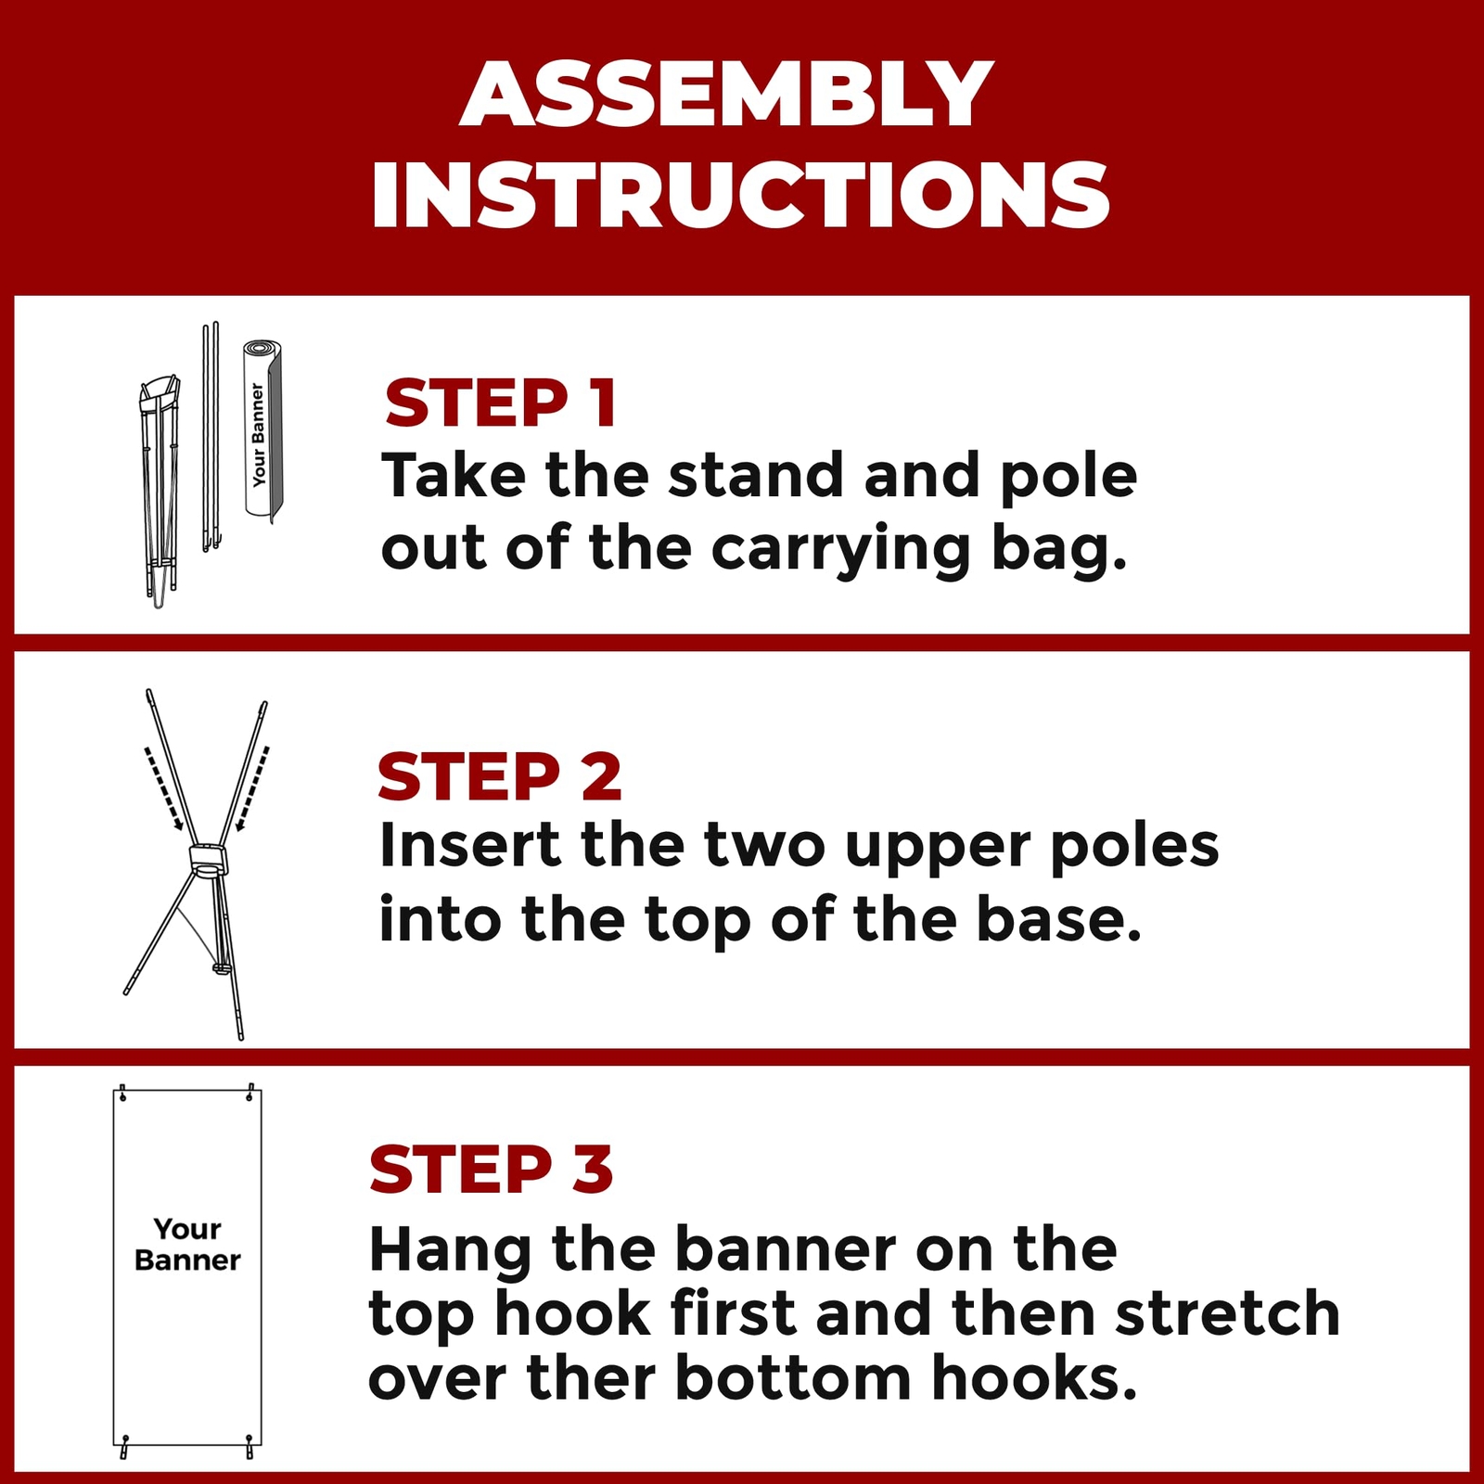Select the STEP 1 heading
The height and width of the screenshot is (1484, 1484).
pyautogui.click(x=501, y=403)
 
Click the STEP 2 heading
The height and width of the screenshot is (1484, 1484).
pyautogui.click(x=499, y=776)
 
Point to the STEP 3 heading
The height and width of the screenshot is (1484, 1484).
pyautogui.click(x=492, y=1169)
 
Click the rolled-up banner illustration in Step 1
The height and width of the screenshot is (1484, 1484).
pyautogui.click(x=262, y=429)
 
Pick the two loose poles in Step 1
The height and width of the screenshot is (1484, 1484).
pyautogui.click(x=211, y=436)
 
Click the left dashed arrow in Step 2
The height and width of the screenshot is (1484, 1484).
pyautogui.click(x=163, y=788)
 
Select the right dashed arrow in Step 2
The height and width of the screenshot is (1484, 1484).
pyautogui.click(x=252, y=788)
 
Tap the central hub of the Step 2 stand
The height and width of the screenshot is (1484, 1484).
pyautogui.click(x=208, y=860)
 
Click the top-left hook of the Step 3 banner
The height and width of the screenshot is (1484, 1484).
pyautogui.click(x=122, y=1093)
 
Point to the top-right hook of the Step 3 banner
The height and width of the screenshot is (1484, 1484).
pyautogui.click(x=249, y=1093)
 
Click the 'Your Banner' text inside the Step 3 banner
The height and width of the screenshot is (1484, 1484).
pyautogui.click(x=187, y=1245)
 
